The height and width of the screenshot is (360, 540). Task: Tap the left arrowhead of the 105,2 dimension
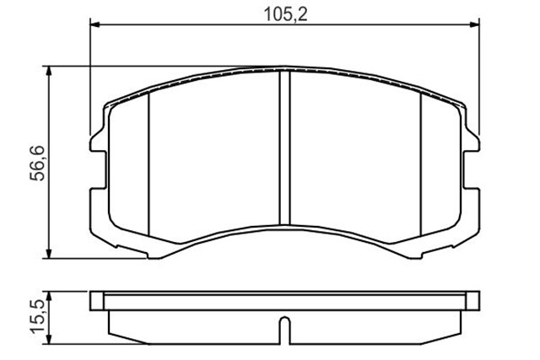[x=94, y=26]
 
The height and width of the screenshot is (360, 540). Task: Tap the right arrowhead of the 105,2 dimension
[x=472, y=26]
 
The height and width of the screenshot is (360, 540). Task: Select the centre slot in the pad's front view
[x=283, y=143]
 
